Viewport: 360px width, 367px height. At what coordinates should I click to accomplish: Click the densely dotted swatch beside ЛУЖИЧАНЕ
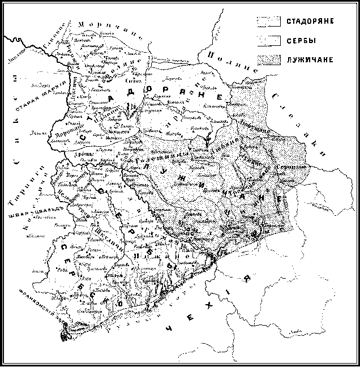269,59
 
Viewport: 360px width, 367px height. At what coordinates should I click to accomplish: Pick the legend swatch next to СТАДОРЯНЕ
269,22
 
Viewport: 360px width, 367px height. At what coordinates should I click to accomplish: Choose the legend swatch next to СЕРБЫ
269,40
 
